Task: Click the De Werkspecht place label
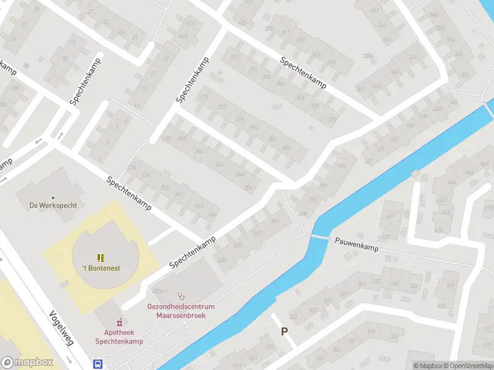click(53, 205)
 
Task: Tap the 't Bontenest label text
click(101, 268)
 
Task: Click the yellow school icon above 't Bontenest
click(101, 257)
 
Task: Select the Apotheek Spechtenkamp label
click(119, 337)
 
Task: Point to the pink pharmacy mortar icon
click(119, 322)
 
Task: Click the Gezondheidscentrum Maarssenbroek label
click(180, 311)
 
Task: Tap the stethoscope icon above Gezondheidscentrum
click(181, 295)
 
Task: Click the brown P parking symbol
click(285, 331)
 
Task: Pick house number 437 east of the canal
click(390, 216)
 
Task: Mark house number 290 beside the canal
click(312, 200)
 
